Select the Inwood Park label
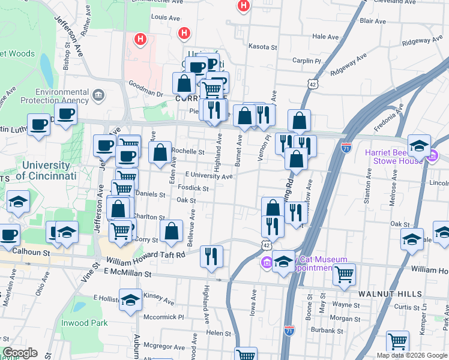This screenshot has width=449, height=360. pos(85,323)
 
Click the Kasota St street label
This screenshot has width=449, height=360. pos(263,46)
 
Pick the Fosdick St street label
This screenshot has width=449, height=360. pos(193,188)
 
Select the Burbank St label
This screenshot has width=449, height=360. pos(328,329)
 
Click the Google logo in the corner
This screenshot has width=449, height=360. pos(20,353)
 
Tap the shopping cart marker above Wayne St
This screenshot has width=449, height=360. pos(344,274)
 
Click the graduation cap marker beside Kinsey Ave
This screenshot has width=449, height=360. pos(130,299)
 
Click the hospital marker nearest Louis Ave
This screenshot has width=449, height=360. pos(184,34)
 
